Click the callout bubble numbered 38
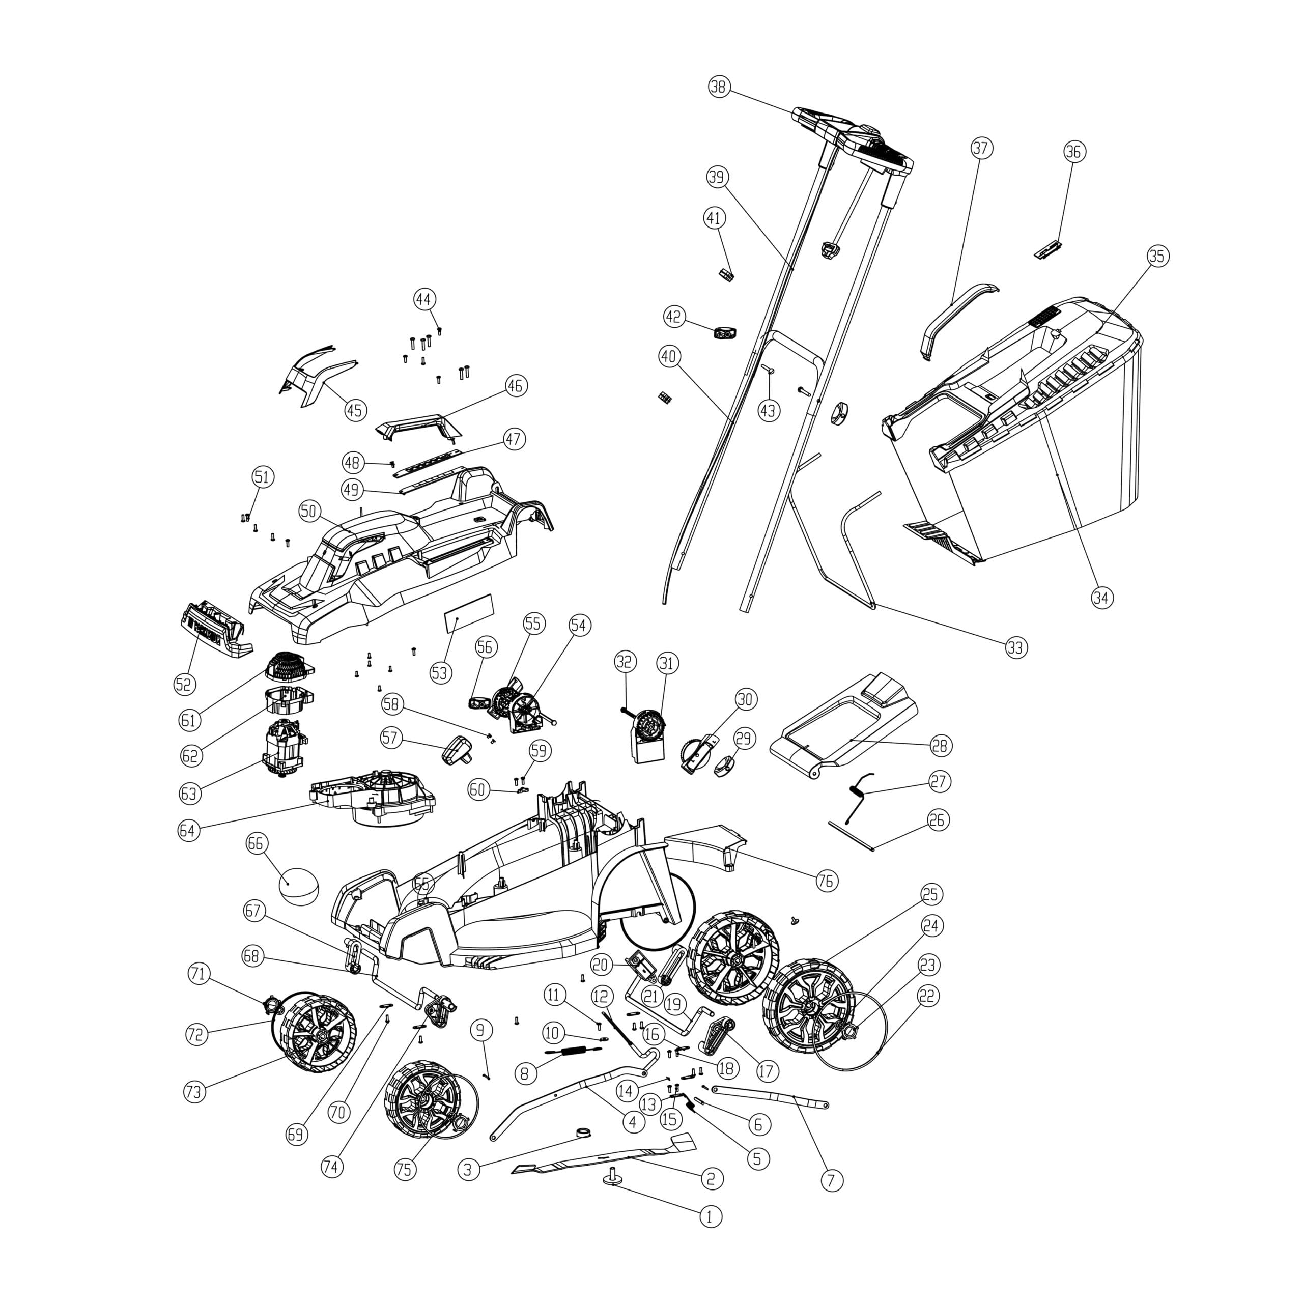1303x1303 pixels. (720, 87)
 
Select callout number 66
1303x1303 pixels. (257, 844)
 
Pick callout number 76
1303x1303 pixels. (826, 881)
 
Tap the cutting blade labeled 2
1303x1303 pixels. (607, 1159)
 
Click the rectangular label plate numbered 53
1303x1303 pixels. (469, 612)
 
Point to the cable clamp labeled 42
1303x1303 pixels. (725, 332)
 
